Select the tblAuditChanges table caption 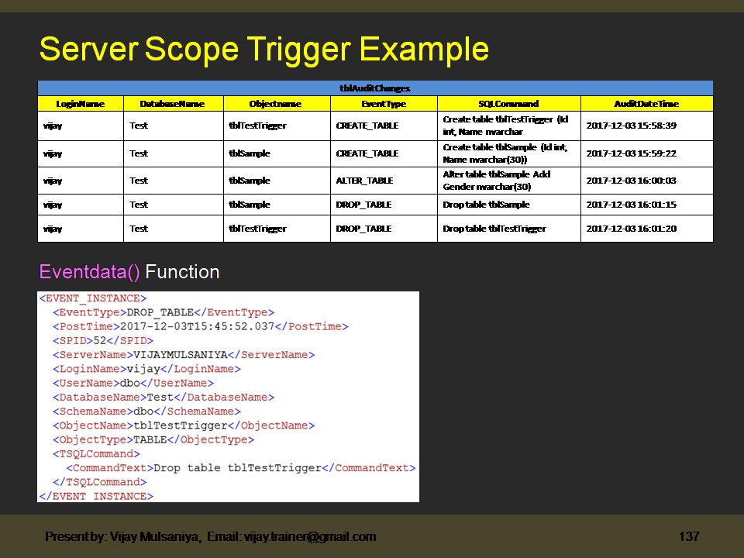(375, 88)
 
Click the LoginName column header (80, 103)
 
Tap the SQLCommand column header (508, 103)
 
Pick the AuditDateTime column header (646, 103)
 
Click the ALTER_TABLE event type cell (364, 181)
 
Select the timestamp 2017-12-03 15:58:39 (631, 126)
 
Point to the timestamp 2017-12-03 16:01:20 (631, 229)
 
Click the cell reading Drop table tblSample (486, 205)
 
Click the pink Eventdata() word (90, 272)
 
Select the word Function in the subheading (182, 272)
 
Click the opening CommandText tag (109, 468)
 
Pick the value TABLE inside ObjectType (150, 439)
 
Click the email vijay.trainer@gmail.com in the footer (310, 536)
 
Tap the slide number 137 (689, 536)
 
